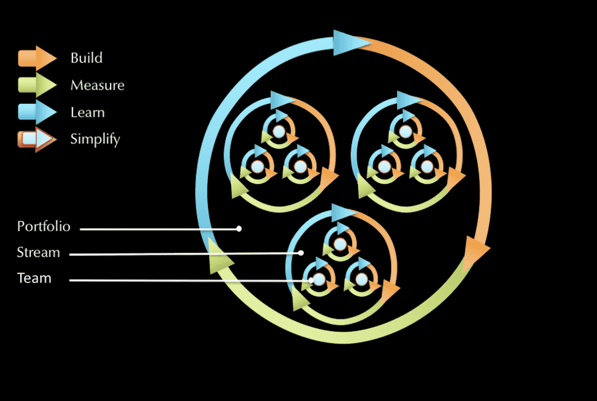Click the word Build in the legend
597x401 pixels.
pyautogui.click(x=86, y=58)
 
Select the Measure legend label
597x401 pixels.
pyautogui.click(x=97, y=85)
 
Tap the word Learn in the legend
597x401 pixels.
pyautogui.click(x=87, y=112)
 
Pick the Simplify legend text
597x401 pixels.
pyautogui.click(x=95, y=139)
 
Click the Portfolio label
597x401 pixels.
pyautogui.click(x=43, y=226)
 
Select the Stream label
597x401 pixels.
pyautogui.click(x=38, y=252)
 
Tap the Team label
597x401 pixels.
pyautogui.click(x=34, y=278)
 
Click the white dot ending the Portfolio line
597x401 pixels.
pyautogui.click(x=239, y=229)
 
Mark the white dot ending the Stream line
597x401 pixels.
pyautogui.click(x=300, y=253)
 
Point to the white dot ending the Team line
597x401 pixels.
pyautogui.click(x=311, y=280)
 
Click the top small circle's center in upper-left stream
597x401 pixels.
pyautogui.click(x=278, y=132)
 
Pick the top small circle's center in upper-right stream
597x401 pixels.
pyautogui.click(x=405, y=132)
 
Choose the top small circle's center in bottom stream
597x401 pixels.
pyautogui.click(x=340, y=244)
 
